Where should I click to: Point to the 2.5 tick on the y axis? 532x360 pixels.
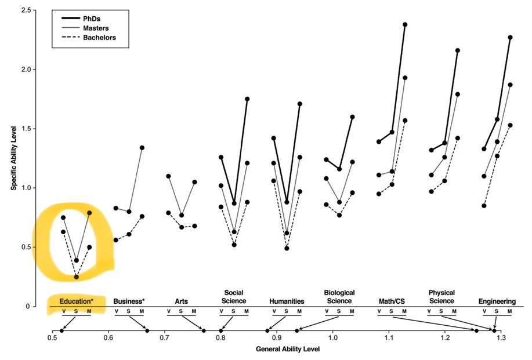pos(25,10)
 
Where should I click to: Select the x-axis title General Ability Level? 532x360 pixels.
pos(288,350)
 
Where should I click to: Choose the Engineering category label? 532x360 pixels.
pos(497,301)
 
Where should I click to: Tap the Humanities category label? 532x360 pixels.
pos(287,301)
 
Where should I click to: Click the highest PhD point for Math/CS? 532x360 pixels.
pos(405,24)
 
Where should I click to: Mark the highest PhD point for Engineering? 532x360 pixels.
pos(510,37)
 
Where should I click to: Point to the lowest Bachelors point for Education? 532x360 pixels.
pos(76,277)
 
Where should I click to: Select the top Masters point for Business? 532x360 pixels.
pos(142,147)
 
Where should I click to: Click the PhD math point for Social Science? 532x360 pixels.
pos(247,99)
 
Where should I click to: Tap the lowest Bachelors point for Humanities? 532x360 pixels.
pos(287,248)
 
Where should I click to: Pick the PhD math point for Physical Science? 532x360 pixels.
pos(457,50)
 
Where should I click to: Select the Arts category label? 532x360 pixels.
pos(182,301)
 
